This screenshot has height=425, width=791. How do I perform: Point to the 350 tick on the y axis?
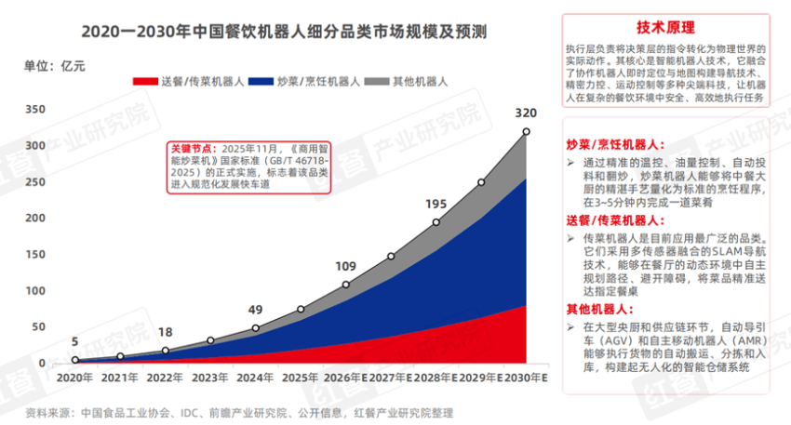[35, 109]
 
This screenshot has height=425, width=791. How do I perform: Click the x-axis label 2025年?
[301, 378]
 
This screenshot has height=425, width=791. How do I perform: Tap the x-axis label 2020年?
[74, 378]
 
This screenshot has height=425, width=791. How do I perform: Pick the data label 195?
[436, 204]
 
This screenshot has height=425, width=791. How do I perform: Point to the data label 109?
[345, 266]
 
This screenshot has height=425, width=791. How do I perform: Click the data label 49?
[255, 311]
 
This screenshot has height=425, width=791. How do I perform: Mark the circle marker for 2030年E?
[527, 132]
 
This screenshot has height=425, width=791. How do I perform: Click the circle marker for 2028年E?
[436, 222]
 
